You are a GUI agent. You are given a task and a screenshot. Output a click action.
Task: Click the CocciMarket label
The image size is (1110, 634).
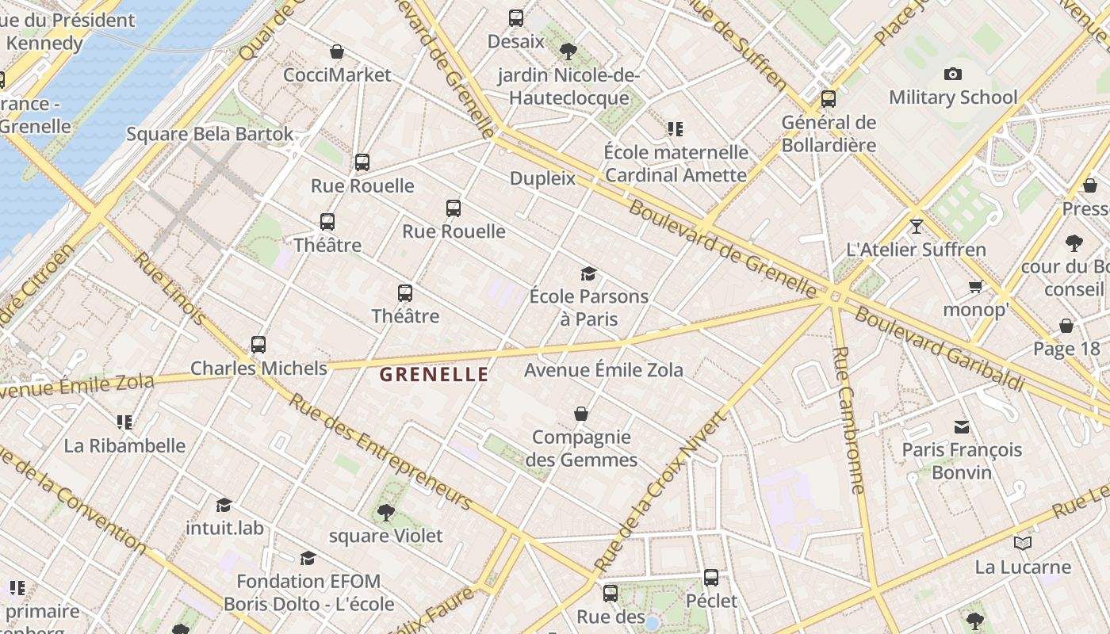click(x=338, y=75)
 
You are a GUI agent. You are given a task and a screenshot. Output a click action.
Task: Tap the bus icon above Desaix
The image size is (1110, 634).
click(x=516, y=17)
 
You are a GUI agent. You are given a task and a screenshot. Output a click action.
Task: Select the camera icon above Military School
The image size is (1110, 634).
click(x=953, y=74)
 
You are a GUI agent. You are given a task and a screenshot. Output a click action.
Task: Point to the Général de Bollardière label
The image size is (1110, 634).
click(x=829, y=134)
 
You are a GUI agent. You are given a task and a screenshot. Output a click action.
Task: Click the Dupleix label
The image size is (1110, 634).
click(x=542, y=178)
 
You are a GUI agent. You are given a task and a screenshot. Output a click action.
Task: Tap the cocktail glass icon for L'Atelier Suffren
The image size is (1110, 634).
click(x=917, y=226)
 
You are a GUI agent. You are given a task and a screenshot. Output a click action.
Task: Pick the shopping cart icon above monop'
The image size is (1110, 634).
click(x=975, y=286)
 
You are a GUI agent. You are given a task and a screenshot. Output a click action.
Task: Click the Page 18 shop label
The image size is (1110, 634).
click(x=1066, y=349)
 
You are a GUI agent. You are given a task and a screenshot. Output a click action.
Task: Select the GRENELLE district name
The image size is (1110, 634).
click(x=434, y=375)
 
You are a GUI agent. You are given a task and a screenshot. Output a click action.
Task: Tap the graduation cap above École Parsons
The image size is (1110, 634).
click(x=588, y=273)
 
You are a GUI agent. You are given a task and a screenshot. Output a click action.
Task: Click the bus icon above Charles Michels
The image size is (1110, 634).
click(x=258, y=345)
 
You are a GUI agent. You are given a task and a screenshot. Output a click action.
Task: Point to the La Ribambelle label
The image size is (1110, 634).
click(x=124, y=445)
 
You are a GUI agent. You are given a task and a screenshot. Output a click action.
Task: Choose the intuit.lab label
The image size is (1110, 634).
click(x=224, y=528)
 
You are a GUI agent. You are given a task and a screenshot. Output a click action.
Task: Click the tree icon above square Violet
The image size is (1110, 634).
click(x=386, y=512)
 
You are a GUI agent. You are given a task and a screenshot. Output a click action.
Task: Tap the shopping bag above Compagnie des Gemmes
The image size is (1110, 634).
click(x=581, y=414)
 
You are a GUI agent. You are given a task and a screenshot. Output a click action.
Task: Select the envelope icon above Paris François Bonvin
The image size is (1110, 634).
click(x=962, y=427)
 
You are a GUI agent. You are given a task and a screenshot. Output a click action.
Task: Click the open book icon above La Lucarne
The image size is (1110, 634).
click(x=1023, y=544)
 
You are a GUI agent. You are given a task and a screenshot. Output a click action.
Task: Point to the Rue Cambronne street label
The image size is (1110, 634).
click(x=848, y=420)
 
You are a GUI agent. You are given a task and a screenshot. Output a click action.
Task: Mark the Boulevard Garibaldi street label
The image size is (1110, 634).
click(x=939, y=348)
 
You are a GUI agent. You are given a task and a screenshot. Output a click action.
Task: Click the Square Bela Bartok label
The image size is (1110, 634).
click(x=210, y=134)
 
